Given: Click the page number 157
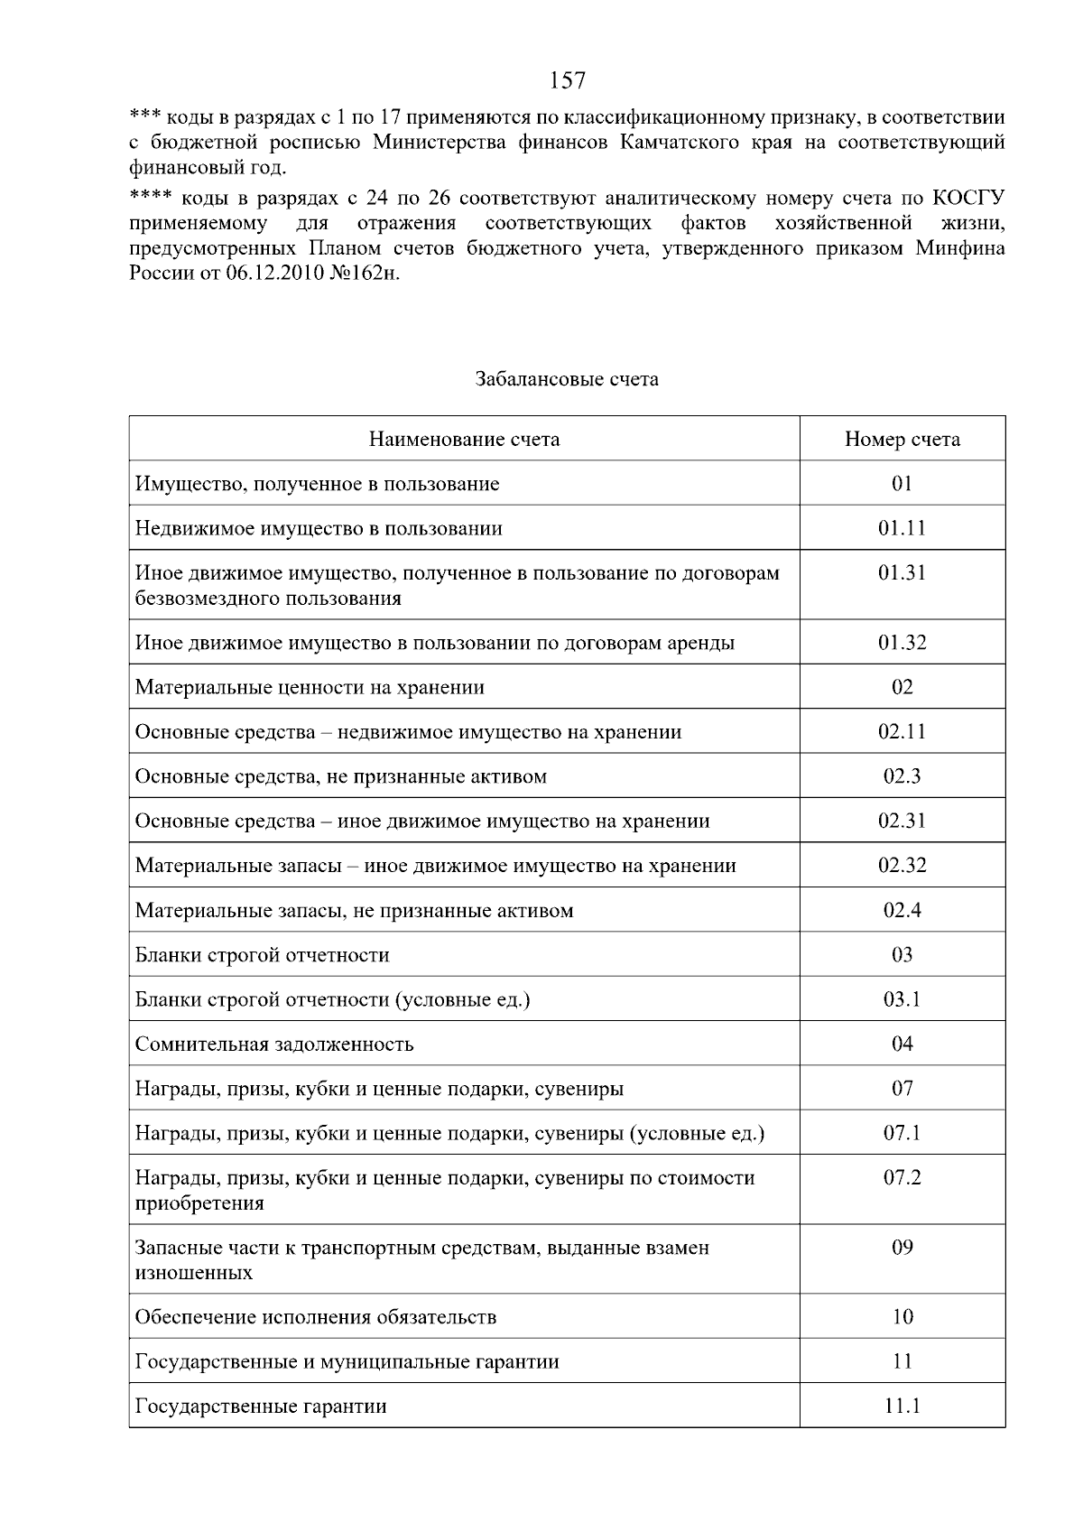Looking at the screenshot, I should (x=568, y=81).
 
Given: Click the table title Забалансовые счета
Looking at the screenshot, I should (x=567, y=379).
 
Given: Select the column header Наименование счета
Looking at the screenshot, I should (x=464, y=440).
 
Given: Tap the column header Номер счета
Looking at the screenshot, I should (x=902, y=440).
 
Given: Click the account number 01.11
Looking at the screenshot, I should (x=902, y=528).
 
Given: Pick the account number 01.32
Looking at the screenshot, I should (x=902, y=643).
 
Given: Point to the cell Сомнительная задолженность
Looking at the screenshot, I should (x=274, y=1045).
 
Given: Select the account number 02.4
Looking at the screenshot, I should (x=902, y=910).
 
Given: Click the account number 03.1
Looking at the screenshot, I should (x=902, y=999).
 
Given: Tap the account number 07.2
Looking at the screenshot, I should (x=902, y=1177).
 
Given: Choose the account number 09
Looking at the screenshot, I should (x=902, y=1248).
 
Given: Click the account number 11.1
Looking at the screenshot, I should (x=902, y=1406).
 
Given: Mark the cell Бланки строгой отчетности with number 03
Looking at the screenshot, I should (x=262, y=955).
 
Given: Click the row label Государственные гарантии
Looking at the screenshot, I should (x=261, y=1407).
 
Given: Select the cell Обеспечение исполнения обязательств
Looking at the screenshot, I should (x=316, y=1317).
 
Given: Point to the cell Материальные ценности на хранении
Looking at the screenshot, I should (x=310, y=688).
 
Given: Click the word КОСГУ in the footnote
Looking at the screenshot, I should (x=968, y=199).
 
